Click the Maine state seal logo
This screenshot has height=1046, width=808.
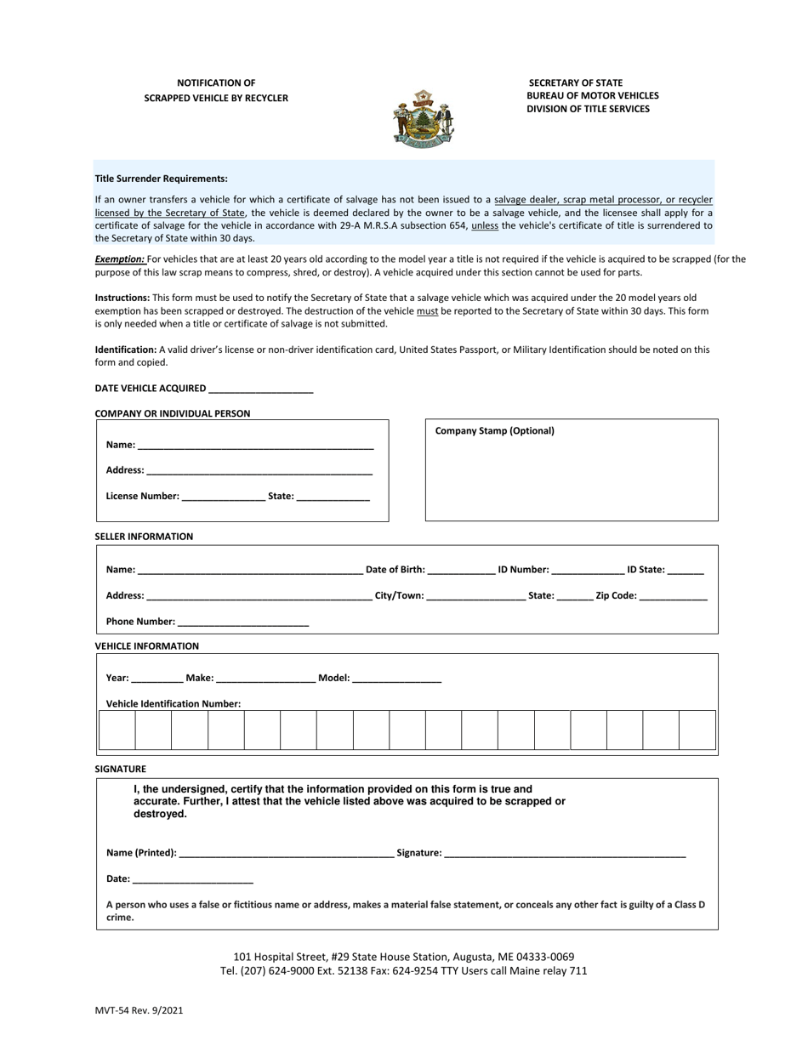[423, 119]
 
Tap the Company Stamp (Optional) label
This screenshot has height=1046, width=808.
[494, 431]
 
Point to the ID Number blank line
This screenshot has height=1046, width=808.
[588, 570]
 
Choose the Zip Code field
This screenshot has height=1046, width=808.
[673, 595]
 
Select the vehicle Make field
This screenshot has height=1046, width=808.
[266, 678]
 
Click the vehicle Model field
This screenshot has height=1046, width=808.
[396, 678]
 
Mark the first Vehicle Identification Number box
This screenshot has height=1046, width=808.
[117, 730]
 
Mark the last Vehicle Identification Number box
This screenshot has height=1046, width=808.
[697, 730]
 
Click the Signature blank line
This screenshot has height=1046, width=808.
[565, 852]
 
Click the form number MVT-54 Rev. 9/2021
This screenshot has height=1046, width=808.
[139, 1011]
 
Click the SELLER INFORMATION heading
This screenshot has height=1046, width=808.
[144, 537]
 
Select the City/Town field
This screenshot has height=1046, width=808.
[475, 595]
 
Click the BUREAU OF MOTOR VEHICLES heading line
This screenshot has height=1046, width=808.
[592, 96]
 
